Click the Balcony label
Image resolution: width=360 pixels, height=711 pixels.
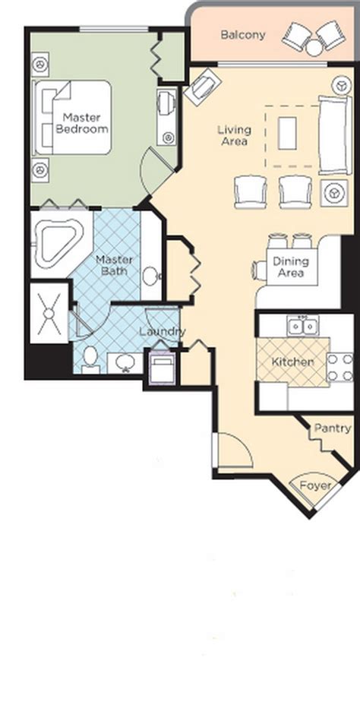click(242, 35)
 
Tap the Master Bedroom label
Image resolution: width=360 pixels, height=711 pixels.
click(82, 122)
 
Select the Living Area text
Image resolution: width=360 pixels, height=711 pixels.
click(234, 135)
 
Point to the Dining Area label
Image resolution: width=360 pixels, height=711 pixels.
click(291, 267)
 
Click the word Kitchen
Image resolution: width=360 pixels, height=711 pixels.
click(292, 362)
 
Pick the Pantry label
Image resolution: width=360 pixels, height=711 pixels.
click(333, 428)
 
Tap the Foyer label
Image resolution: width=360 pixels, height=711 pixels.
click(315, 485)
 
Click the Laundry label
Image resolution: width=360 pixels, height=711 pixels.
click(162, 331)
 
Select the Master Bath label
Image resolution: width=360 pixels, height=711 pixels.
click(114, 266)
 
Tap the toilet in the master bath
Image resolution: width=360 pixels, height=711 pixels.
click(90, 359)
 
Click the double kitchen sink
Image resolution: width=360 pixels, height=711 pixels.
click(302, 325)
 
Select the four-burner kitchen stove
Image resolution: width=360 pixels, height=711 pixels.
click(340, 368)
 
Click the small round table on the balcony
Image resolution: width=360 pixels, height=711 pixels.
click(314, 47)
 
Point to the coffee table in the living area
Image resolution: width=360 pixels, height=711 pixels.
click(287, 133)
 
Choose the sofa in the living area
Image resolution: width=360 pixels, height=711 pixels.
click(335, 135)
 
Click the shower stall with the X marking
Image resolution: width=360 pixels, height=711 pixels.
click(49, 313)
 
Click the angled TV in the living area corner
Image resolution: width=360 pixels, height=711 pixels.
click(203, 87)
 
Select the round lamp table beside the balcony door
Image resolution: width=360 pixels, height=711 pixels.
click(341, 85)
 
